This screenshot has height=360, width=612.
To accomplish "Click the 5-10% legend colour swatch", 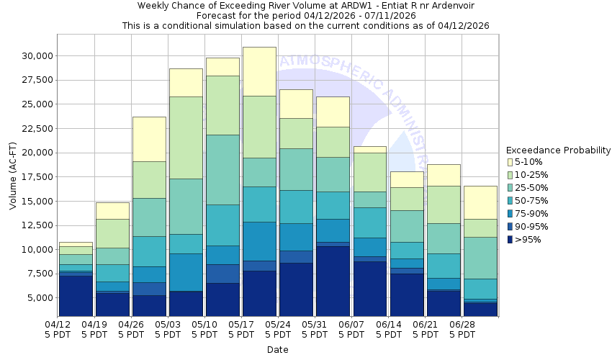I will (510, 162).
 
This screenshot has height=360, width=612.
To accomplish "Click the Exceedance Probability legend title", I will (558, 150).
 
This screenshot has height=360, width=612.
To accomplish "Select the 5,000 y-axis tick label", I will (37, 298).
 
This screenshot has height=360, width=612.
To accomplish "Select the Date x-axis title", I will (277, 350).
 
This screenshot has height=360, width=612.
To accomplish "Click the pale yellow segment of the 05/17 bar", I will (260, 71).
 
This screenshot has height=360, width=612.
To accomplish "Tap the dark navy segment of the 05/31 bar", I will (333, 281).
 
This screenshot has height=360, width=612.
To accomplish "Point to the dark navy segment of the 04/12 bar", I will (76, 296).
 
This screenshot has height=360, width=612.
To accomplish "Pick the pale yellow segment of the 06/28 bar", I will (480, 202).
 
